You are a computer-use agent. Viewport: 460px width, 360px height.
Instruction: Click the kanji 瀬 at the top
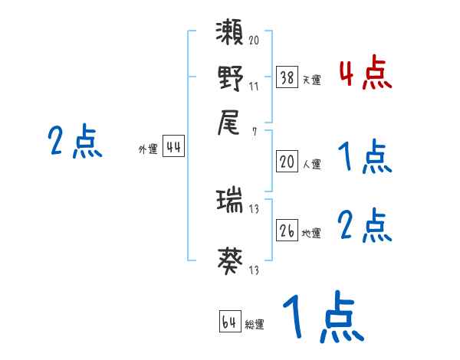point(230,34)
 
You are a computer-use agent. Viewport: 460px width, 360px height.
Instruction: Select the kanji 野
point(230,78)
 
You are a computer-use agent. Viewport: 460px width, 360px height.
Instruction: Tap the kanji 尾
point(230,123)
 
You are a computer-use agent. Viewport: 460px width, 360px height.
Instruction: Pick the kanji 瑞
point(230,202)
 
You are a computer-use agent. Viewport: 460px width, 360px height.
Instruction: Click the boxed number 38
point(287,77)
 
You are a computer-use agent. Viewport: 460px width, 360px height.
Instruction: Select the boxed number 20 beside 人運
point(287,162)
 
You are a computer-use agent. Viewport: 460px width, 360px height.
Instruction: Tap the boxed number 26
point(287,231)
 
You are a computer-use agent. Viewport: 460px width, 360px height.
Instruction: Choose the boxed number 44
point(173,148)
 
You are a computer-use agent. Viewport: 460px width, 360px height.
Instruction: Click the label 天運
point(311,80)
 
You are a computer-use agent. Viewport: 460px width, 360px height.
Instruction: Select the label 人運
point(311,164)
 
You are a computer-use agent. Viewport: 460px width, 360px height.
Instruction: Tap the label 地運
point(311,233)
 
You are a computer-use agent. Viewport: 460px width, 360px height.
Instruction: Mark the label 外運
point(148,150)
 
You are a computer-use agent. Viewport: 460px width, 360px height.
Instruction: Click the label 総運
point(255,324)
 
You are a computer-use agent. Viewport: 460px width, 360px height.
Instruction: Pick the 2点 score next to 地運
point(365,226)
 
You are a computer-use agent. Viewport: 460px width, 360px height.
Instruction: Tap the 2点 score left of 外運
point(75,142)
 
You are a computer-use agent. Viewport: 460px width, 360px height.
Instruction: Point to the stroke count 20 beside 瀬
point(254,40)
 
